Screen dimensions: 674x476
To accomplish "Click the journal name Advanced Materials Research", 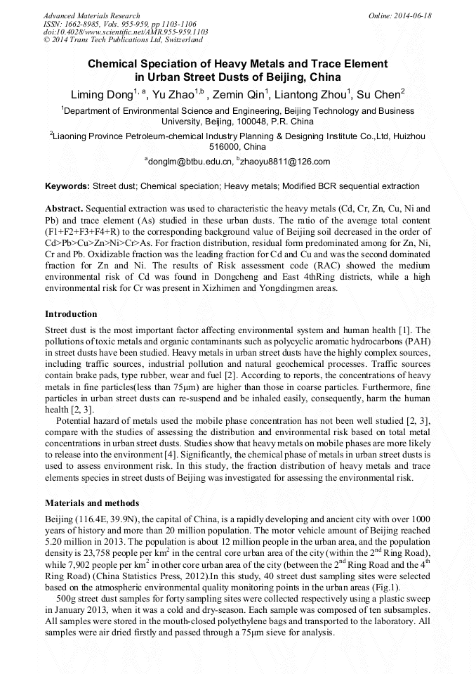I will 91,15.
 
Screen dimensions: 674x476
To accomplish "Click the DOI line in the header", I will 125,32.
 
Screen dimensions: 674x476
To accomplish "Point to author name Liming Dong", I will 103,94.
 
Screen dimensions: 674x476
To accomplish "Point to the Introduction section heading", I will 71,314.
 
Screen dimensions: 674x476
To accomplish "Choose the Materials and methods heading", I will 92,503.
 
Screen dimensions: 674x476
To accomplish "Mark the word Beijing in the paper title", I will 293,77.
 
